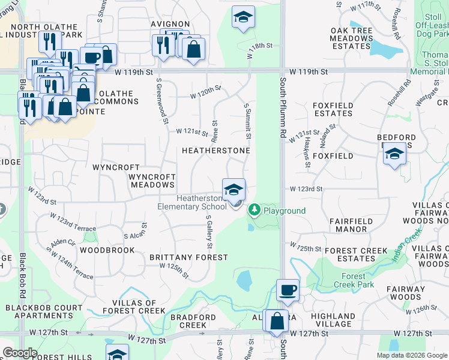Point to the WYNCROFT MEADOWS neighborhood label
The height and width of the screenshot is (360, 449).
pyautogui.click(x=152, y=181)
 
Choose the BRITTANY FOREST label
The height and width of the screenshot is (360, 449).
pyautogui.click(x=188, y=257)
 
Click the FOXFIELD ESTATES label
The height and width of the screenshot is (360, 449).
pyautogui.click(x=333, y=109)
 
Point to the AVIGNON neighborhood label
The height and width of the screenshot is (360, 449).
pyautogui.click(x=170, y=25)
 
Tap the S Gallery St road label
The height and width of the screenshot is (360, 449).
pyautogui.click(x=209, y=234)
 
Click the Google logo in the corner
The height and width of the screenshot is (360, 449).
pyautogui.click(x=20, y=353)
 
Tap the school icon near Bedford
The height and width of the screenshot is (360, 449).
pyautogui.click(x=394, y=154)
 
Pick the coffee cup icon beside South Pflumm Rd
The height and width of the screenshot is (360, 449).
pyautogui.click(x=288, y=290)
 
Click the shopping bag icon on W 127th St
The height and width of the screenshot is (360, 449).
pyautogui.click(x=277, y=321)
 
